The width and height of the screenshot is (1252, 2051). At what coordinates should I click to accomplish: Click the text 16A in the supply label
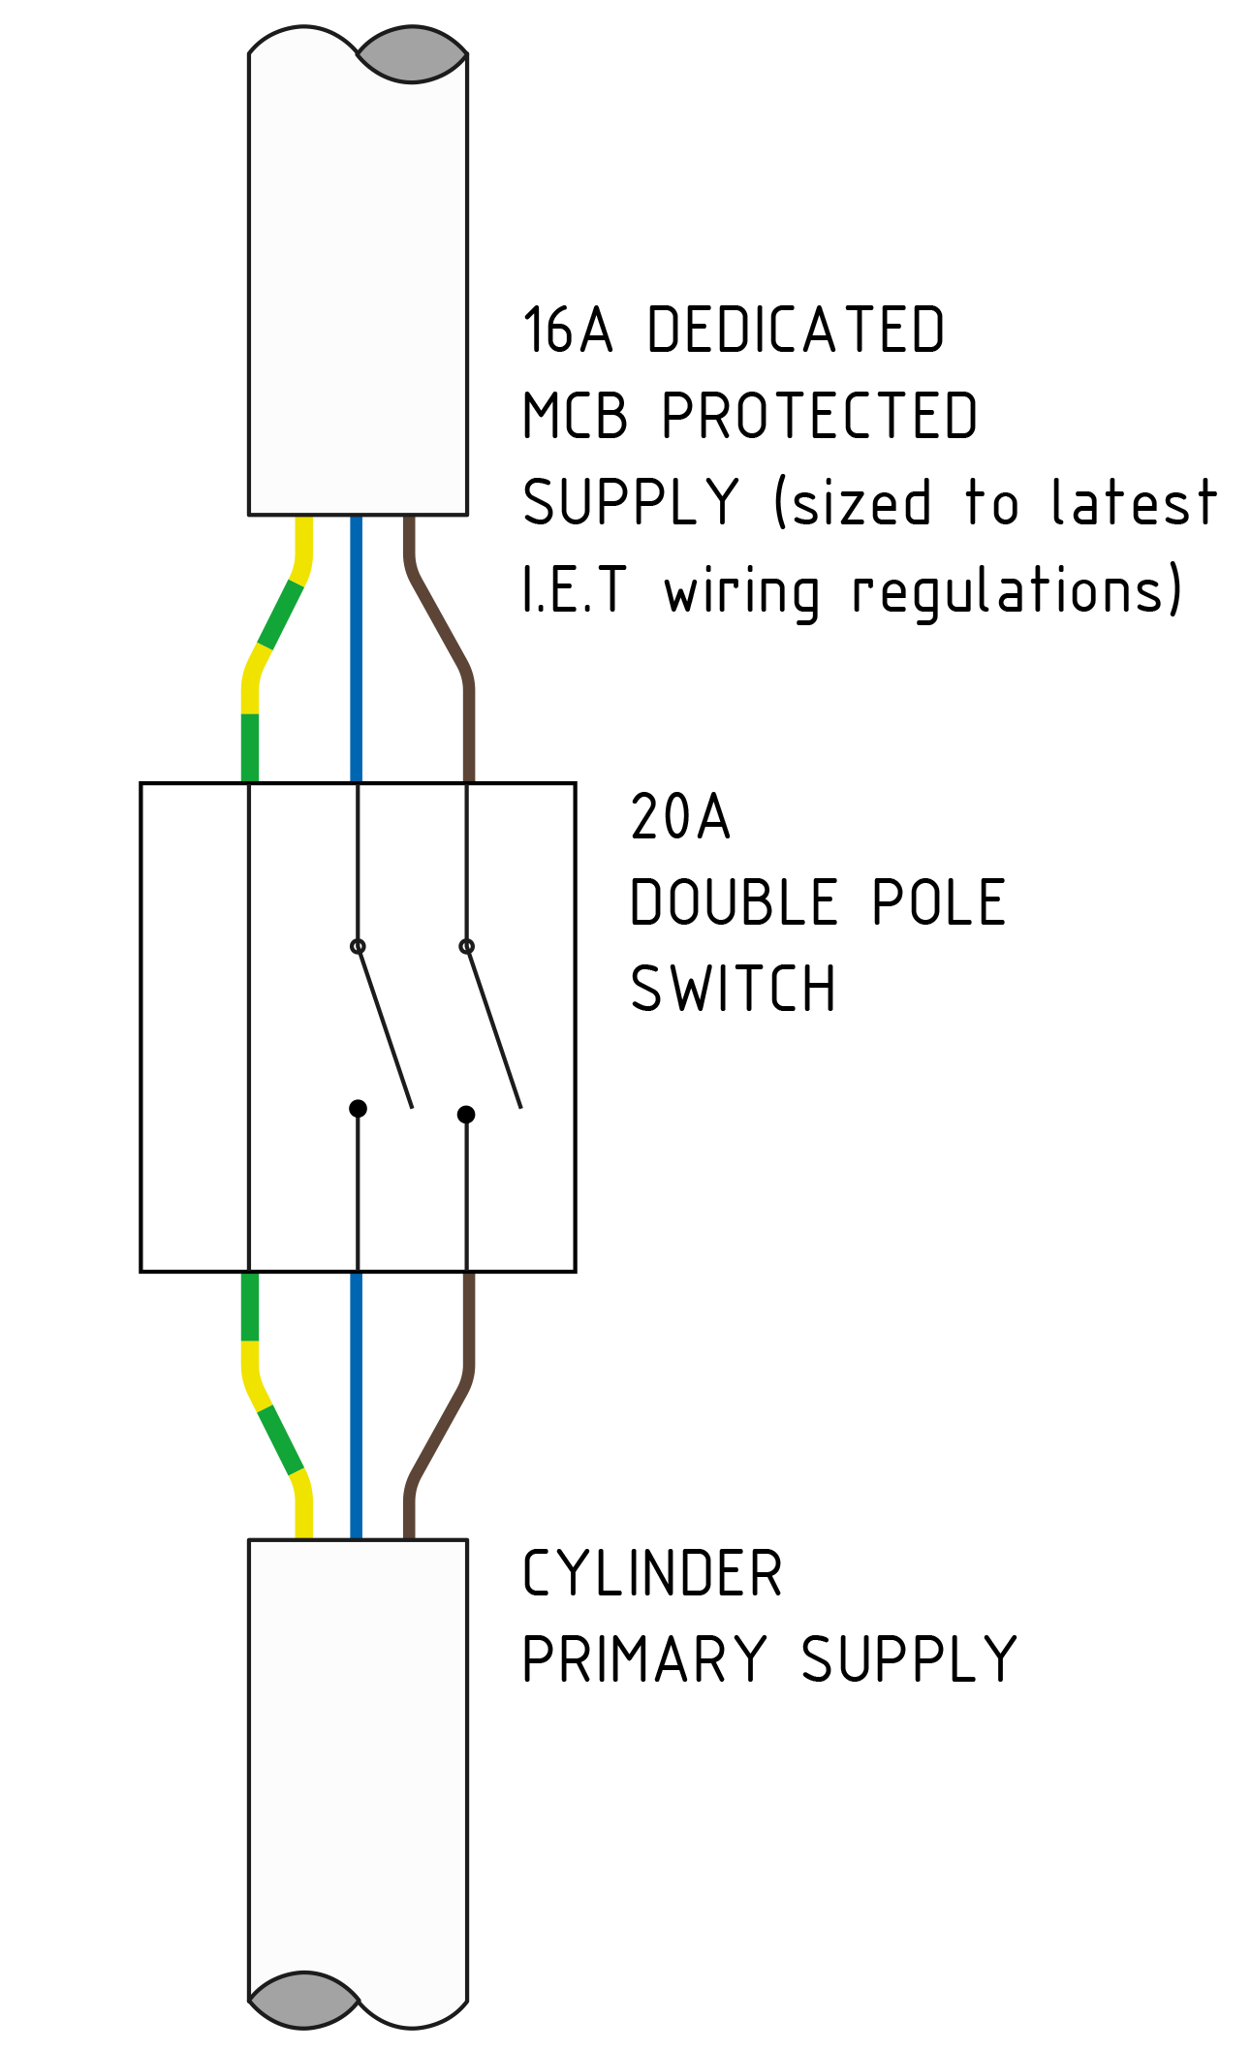(567, 331)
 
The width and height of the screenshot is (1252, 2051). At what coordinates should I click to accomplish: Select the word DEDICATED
(796, 331)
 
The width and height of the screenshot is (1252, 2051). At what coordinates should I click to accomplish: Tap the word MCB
(575, 417)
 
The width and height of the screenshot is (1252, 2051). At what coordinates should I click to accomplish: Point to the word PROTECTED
(819, 417)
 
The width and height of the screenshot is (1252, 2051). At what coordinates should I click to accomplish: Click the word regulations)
(1017, 591)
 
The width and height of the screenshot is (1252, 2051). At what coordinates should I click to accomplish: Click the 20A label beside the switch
(679, 817)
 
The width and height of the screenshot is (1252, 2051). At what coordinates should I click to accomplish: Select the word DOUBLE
(734, 903)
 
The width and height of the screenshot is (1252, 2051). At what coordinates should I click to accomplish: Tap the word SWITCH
(733, 990)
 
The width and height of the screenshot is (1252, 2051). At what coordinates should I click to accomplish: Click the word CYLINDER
(651, 1574)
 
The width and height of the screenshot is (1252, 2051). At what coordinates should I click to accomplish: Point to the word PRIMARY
(644, 1660)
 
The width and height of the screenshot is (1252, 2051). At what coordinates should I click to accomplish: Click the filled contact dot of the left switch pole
(358, 1108)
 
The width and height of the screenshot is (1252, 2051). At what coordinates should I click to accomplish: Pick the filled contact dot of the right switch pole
(466, 1115)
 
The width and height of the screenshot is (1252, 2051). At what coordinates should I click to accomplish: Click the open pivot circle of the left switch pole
(358, 946)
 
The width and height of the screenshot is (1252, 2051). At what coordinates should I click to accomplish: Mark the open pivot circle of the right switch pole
(466, 946)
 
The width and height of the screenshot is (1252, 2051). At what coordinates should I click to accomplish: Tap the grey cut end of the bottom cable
(304, 2001)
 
